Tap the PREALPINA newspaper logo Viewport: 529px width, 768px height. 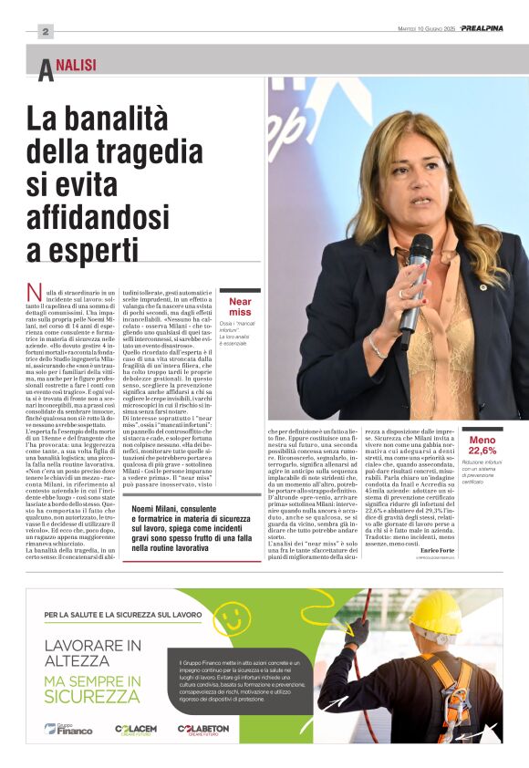(481, 28)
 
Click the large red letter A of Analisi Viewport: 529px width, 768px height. (45, 70)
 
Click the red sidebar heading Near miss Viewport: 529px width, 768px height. (240, 306)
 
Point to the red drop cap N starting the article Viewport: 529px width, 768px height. (35, 294)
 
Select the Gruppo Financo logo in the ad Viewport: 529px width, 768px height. (68, 728)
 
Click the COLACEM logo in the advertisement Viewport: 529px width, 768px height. (136, 728)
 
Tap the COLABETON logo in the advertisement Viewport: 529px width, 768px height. (203, 728)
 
